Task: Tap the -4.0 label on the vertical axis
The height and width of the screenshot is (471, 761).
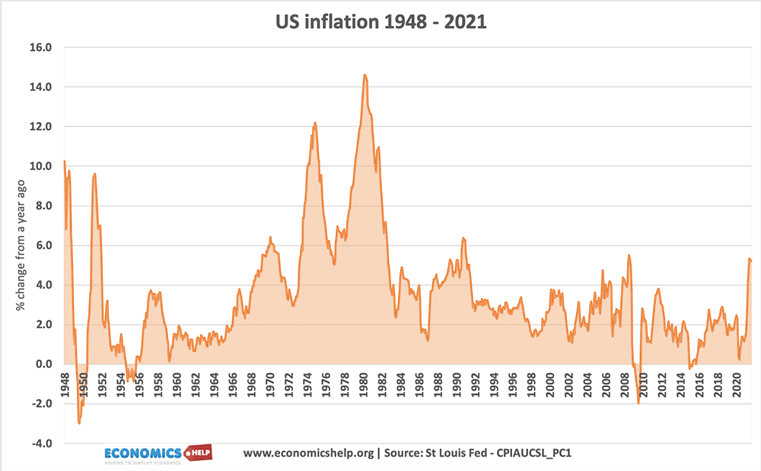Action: [40, 444]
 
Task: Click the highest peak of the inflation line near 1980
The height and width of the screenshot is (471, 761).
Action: [365, 75]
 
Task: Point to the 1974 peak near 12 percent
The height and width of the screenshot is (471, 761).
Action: [314, 123]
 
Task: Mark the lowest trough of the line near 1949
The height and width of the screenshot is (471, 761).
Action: [79, 423]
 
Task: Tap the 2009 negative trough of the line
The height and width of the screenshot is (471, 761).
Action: [638, 403]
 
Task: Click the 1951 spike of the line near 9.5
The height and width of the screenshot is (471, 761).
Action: [94, 174]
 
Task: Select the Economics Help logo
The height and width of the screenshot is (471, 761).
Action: [158, 453]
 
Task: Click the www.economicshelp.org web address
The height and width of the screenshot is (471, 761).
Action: [308, 453]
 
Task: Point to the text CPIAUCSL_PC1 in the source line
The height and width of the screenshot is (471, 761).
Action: [538, 453]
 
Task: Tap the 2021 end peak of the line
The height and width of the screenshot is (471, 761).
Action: [750, 259]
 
